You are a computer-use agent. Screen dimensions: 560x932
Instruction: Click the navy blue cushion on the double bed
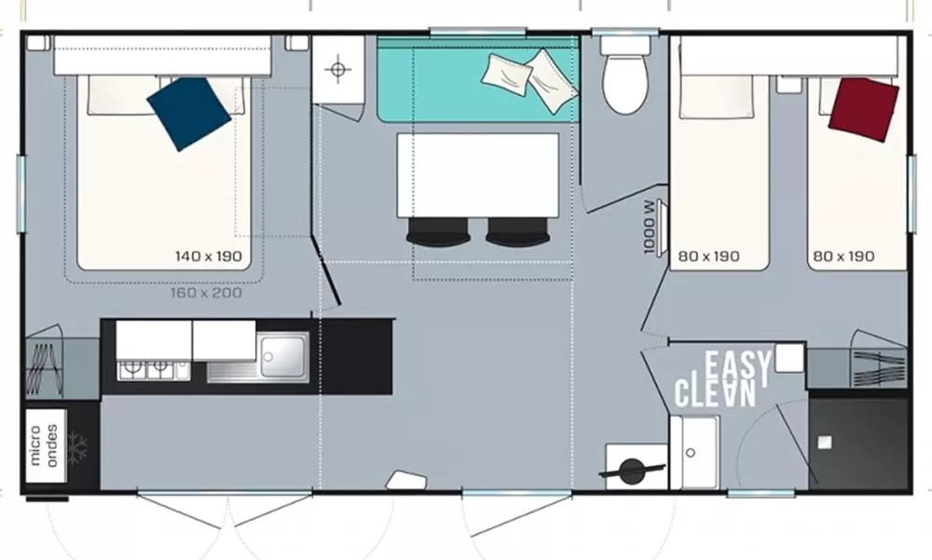coord(188,113)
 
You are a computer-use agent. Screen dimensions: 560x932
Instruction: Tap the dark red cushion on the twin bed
coord(863,108)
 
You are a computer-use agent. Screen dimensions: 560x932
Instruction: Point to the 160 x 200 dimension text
coord(206,293)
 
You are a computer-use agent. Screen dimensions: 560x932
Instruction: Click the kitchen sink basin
coord(282,355)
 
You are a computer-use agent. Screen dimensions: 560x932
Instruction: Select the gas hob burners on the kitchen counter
coord(145,370)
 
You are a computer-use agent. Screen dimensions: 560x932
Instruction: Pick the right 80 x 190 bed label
coord(843,255)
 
